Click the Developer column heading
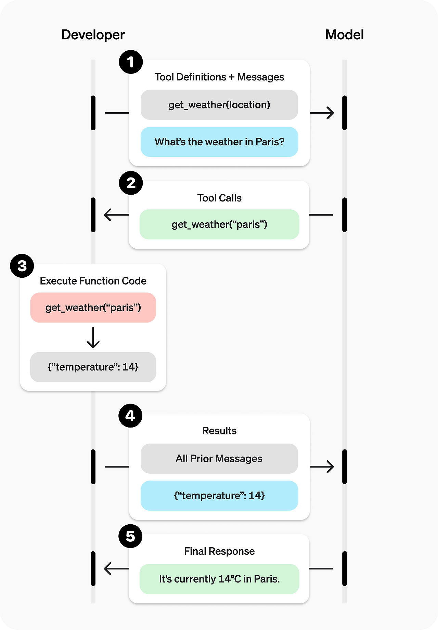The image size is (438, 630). [x=93, y=35]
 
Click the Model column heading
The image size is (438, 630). [x=344, y=35]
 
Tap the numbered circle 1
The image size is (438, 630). [x=131, y=62]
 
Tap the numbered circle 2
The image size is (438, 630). [x=131, y=183]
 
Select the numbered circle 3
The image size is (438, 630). [x=22, y=266]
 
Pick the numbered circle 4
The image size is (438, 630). [x=130, y=416]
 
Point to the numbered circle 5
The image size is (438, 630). [x=130, y=536]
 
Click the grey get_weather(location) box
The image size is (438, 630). [x=219, y=105]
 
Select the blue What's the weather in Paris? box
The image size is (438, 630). [x=219, y=142]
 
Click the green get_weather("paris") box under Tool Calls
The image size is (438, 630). [x=219, y=224]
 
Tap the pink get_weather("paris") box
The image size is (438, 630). [x=93, y=307]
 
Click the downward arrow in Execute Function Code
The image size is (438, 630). [x=93, y=338]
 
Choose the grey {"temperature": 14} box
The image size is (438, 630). [x=93, y=367]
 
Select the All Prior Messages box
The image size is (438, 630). [x=219, y=459]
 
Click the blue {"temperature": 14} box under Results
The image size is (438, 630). [x=219, y=496]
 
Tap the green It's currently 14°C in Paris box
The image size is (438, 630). [x=219, y=579]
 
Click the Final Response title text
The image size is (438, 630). [x=219, y=551]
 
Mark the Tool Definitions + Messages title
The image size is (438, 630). [x=219, y=77]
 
